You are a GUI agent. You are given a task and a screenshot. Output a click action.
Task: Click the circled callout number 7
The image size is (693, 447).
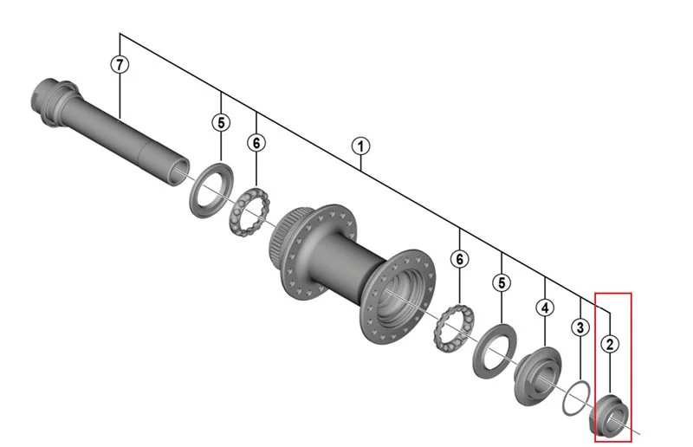pyautogui.click(x=120, y=65)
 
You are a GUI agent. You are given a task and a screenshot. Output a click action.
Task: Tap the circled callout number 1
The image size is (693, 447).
pyautogui.click(x=360, y=146)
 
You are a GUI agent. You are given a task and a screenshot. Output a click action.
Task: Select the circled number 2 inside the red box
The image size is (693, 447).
pyautogui.click(x=610, y=344)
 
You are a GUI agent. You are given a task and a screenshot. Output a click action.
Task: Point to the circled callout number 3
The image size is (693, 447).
pyautogui.click(x=580, y=327)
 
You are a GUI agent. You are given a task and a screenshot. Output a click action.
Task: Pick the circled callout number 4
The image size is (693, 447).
pyautogui.click(x=545, y=308)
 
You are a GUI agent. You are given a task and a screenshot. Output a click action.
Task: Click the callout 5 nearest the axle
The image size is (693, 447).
pyautogui.click(x=221, y=122)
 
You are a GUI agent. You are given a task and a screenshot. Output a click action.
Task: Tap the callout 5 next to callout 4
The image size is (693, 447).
pyautogui.click(x=502, y=283)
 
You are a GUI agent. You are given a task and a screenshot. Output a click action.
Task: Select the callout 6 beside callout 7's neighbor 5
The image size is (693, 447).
pyautogui.click(x=256, y=143)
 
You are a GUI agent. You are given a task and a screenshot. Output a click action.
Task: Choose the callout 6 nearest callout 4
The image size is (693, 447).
pyautogui.click(x=460, y=259)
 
